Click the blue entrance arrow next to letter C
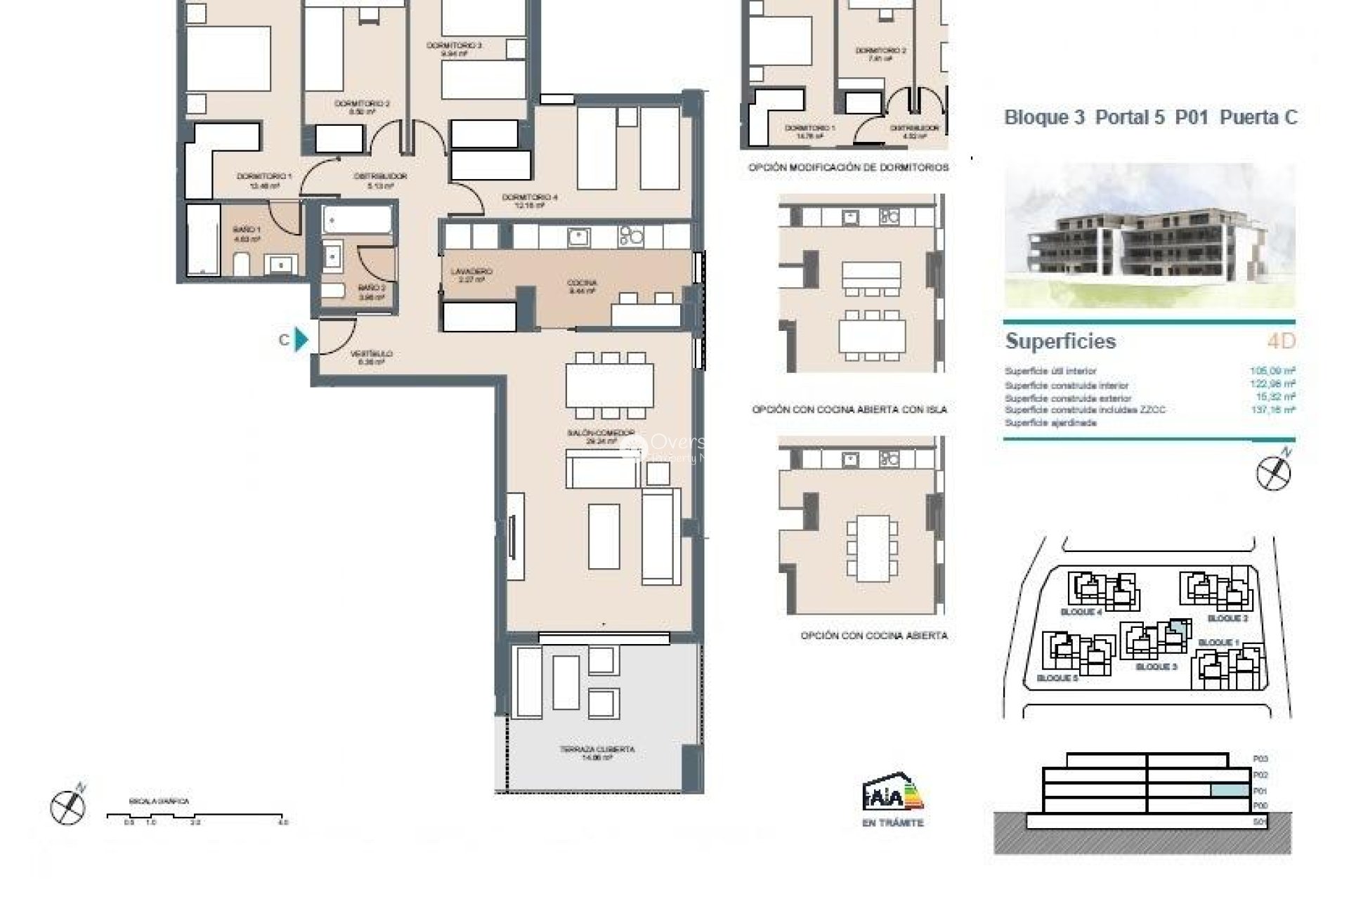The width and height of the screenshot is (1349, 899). [301, 339]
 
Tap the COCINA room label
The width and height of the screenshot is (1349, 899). [582, 283]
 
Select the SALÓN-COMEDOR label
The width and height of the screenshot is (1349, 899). [601, 433]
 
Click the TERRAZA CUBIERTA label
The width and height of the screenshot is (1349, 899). [597, 749]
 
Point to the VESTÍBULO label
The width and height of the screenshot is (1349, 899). [372, 354]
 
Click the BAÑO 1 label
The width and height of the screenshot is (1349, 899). [247, 230]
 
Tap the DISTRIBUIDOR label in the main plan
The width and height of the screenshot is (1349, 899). [380, 176]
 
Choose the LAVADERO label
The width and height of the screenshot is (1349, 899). [471, 271]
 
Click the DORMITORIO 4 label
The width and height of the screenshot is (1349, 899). [530, 197]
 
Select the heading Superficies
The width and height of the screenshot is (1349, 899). [1060, 341]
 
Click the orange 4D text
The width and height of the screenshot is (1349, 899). [1280, 341]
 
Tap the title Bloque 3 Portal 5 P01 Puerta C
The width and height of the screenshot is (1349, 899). [1150, 117]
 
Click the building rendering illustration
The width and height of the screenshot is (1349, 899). [1149, 235]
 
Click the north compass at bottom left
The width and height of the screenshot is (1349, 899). [68, 806]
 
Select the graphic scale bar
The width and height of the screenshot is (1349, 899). [197, 816]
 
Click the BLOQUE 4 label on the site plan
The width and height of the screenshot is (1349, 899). [1081, 612]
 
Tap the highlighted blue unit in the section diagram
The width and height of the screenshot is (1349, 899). [1230, 790]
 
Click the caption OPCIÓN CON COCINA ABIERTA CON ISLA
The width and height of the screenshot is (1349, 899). [849, 409]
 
